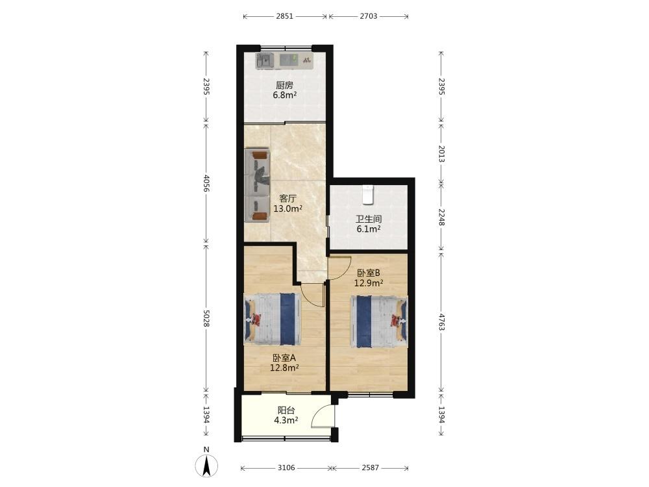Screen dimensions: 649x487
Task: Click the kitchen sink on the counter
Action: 265,60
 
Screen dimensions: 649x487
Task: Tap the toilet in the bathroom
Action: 369,195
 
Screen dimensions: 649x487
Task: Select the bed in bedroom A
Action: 272,319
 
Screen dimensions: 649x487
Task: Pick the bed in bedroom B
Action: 379,322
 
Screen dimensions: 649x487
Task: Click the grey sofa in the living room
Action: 258,185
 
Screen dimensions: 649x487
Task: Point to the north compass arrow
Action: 206,466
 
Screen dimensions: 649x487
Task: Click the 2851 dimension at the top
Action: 285,17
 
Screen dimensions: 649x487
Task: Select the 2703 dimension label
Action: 369,17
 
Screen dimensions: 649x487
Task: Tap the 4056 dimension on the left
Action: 206,184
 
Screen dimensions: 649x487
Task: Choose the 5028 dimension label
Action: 206,318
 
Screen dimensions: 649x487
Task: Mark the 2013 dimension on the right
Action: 441,154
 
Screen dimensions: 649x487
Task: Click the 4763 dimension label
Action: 441,322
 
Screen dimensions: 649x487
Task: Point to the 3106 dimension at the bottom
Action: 286,468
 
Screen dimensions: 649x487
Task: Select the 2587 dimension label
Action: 370,468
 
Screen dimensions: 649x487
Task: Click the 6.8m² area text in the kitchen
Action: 284,95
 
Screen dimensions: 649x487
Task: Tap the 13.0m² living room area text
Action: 288,208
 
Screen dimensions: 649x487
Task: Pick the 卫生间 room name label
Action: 369,219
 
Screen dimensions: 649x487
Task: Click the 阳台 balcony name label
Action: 286,410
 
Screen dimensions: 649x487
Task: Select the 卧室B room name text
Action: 369,273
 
